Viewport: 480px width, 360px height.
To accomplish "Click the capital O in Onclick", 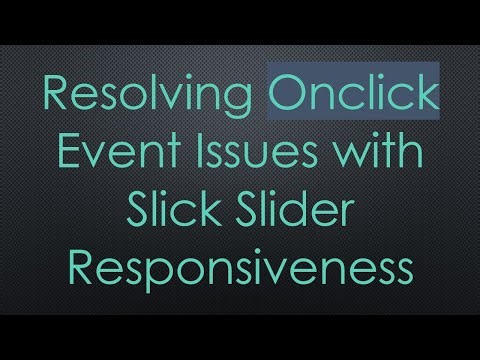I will pos(288,98).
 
